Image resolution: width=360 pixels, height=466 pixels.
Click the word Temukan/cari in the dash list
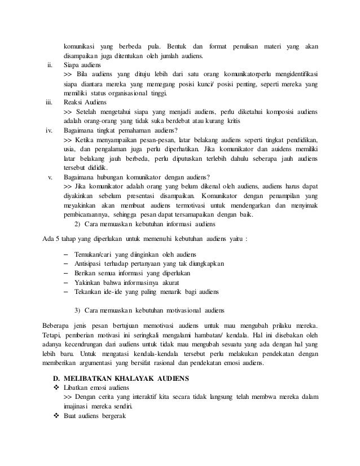(x=94, y=254)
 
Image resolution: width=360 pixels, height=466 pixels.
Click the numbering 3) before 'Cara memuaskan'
(x=78, y=310)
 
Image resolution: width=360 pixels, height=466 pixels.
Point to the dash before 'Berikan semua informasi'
(x=67, y=273)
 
